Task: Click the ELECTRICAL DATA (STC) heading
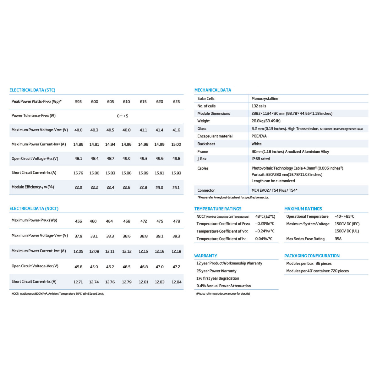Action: pyautogui.click(x=32, y=90)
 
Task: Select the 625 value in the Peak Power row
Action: pyautogui.click(x=176, y=102)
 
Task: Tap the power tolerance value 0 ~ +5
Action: pyautogui.click(x=123, y=116)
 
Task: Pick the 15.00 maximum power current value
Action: pyautogui.click(x=176, y=145)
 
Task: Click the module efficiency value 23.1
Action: pyautogui.click(x=176, y=188)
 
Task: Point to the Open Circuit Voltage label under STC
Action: pyautogui.click(x=35, y=159)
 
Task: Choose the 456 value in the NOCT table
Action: pyautogui.click(x=79, y=221)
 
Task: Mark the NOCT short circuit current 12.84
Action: pyautogui.click(x=176, y=282)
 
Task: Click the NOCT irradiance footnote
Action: pyautogui.click(x=58, y=294)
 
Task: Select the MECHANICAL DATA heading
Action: pyautogui.click(x=213, y=90)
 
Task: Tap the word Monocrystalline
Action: pyautogui.click(x=265, y=99)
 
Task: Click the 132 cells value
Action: pyautogui.click(x=259, y=106)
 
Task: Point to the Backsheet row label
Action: pyautogui.click(x=206, y=144)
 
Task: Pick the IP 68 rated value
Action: pyautogui.click(x=260, y=159)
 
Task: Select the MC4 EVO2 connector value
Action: pyautogui.click(x=274, y=190)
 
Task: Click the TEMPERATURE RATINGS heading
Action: pyautogui.click(x=218, y=209)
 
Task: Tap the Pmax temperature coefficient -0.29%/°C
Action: pyautogui.click(x=265, y=224)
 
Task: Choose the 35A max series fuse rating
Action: pyautogui.click(x=338, y=239)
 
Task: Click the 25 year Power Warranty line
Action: pyautogui.click(x=216, y=271)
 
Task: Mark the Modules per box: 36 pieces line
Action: pyautogui.click(x=309, y=264)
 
